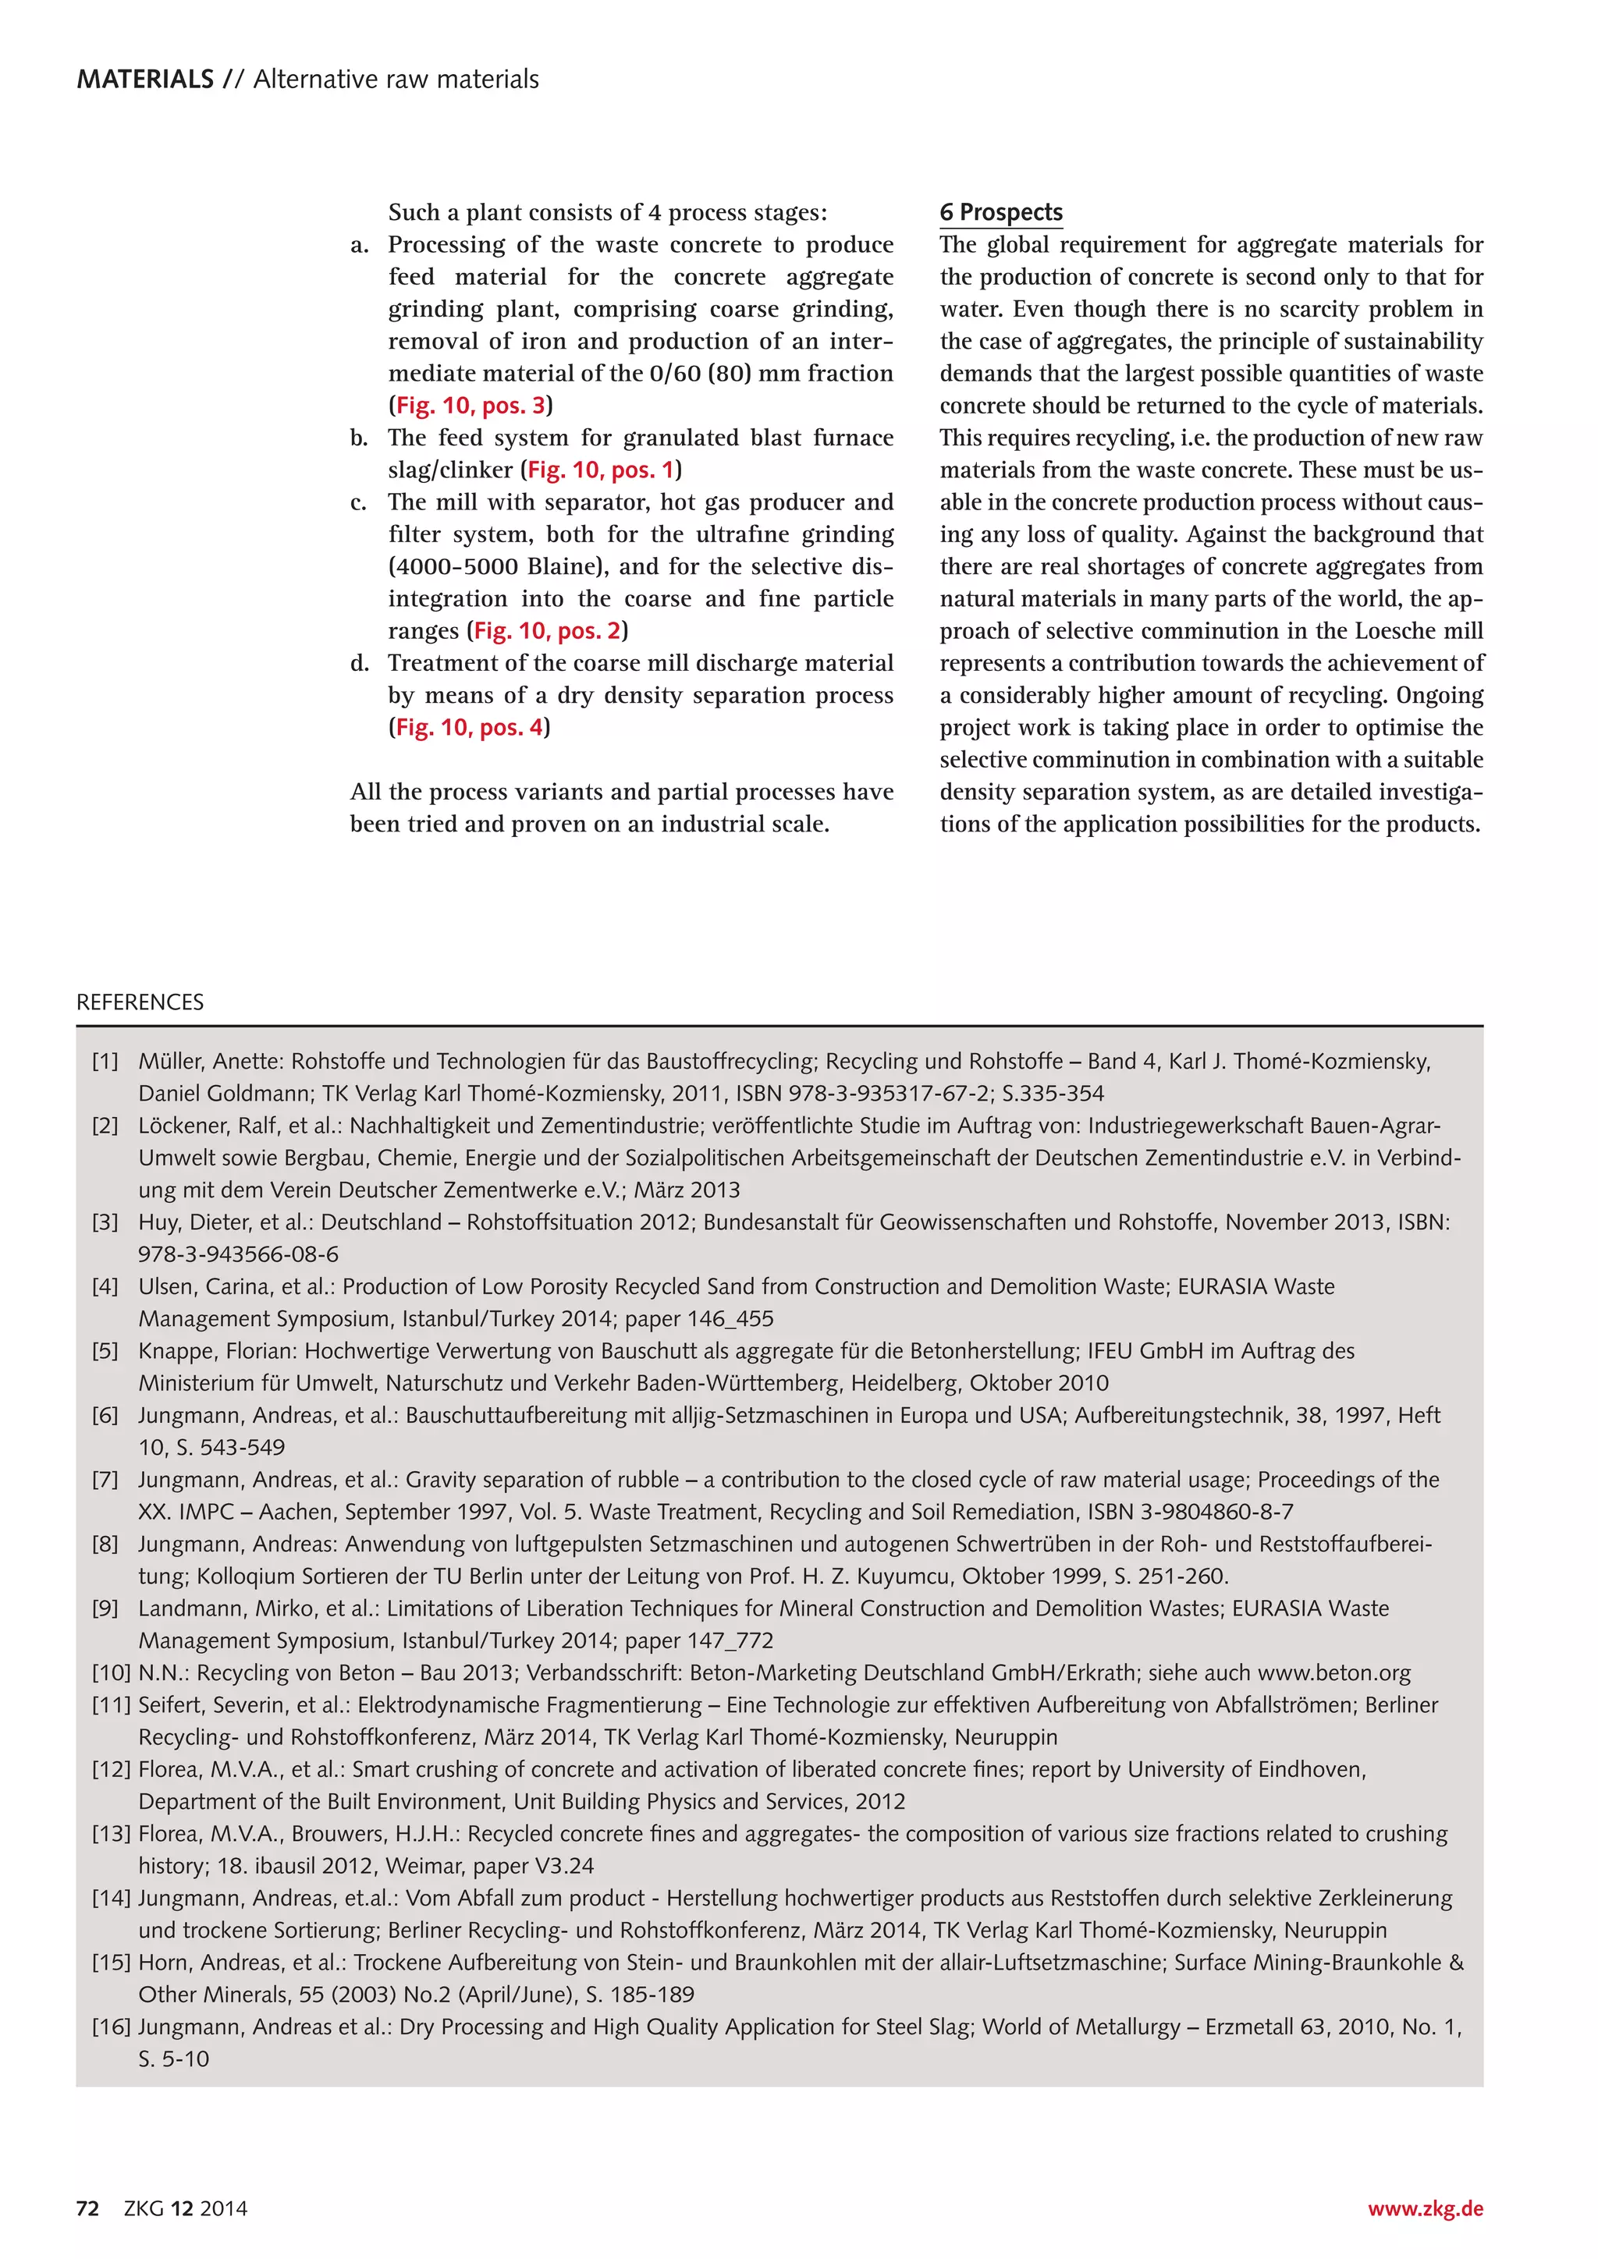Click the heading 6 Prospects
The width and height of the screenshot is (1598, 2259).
pos(1001,212)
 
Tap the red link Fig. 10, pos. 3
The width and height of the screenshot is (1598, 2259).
pos(471,406)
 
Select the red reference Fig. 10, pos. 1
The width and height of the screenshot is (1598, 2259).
pos(600,470)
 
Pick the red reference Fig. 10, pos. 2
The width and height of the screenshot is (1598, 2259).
pos(547,631)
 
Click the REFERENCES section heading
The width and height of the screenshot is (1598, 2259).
pos(140,1002)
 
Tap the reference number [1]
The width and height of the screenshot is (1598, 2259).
pos(105,1062)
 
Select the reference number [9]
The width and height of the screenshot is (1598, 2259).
pos(105,1608)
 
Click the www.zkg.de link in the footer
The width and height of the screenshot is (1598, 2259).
pos(1425,2209)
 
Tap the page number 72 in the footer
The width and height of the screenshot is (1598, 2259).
pos(87,2209)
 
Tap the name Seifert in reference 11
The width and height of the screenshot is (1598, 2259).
pos(174,1705)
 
